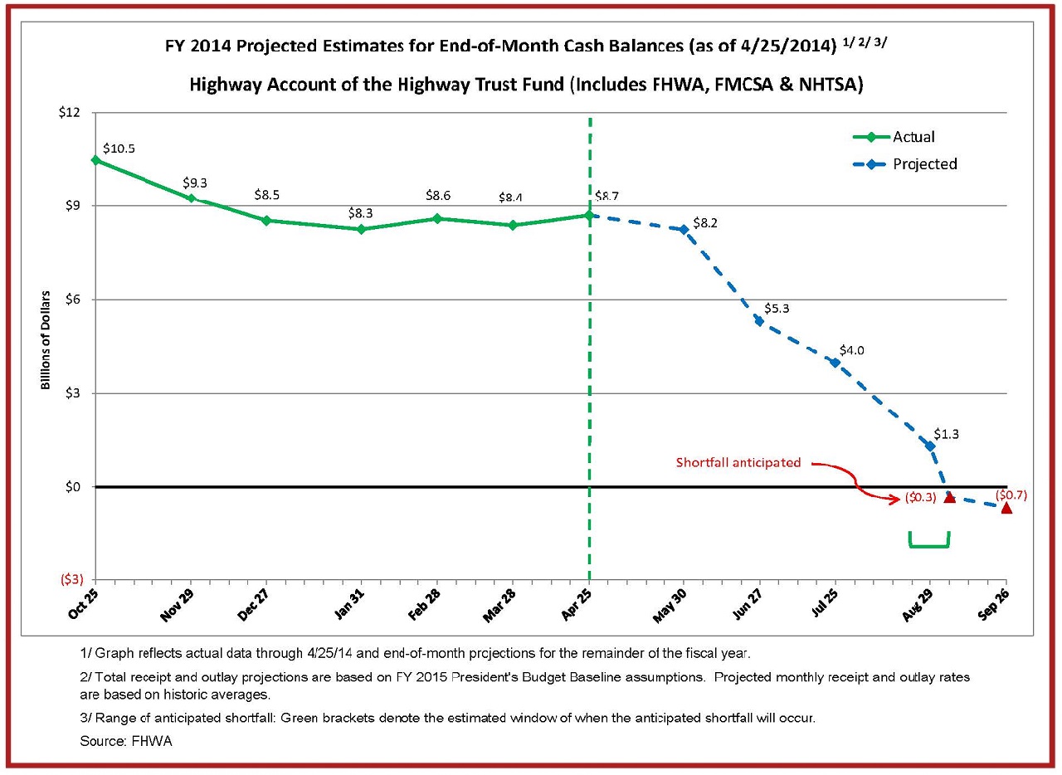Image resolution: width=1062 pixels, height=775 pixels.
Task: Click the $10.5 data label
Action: (x=119, y=149)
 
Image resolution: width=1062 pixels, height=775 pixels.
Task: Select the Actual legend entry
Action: (x=894, y=137)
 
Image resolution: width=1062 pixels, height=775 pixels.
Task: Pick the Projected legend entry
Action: (x=905, y=164)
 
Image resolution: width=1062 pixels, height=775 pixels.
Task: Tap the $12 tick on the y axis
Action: (x=69, y=112)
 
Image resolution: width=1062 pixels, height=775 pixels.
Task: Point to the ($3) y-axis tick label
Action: (x=72, y=579)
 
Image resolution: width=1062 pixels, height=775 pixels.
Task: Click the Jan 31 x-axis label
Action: (x=350, y=604)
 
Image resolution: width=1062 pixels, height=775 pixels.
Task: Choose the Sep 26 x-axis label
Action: (x=994, y=604)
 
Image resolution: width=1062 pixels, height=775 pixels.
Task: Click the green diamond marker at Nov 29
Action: (x=192, y=198)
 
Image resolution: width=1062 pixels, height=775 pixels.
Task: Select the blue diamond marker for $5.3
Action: (x=759, y=322)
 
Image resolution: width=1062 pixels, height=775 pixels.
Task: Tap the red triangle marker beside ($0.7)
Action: (x=1006, y=508)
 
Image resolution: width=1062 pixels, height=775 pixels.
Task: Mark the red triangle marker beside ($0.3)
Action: (x=950, y=497)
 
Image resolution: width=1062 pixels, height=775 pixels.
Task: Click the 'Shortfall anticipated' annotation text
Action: (x=738, y=462)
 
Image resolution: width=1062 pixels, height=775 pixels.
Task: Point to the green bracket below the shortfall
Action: (x=929, y=546)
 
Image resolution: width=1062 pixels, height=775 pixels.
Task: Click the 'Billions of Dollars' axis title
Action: (x=45, y=340)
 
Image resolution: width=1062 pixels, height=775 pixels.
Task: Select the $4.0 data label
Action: (x=851, y=350)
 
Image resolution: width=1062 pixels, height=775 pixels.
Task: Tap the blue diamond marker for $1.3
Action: (x=930, y=446)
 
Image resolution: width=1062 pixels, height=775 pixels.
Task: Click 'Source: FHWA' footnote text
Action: (x=125, y=741)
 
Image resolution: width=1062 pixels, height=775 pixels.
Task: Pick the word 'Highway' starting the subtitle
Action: (x=225, y=85)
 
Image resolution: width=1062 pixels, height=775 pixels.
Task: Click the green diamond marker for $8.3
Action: (x=361, y=230)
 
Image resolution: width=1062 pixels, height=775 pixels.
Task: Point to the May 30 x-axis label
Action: (x=670, y=605)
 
